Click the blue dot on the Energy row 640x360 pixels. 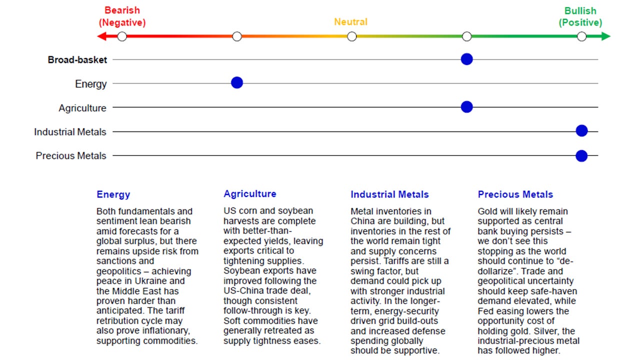[237, 83]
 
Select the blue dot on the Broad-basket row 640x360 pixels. [466, 59]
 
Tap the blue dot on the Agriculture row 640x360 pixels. [466, 106]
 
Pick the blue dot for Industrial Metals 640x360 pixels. [581, 131]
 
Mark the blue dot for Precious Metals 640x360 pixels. [581, 155]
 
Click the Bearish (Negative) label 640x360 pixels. [122, 16]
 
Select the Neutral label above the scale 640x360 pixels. [350, 22]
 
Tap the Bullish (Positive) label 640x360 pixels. [580, 16]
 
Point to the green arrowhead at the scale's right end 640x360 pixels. [606, 36]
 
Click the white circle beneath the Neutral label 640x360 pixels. [352, 36]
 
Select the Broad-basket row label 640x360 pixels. [77, 60]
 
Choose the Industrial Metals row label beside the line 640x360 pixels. [70, 132]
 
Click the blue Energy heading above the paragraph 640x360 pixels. [113, 194]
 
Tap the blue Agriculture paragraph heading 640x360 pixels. [249, 194]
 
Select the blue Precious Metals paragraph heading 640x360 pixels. [515, 194]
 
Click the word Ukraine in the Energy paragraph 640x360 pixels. [170, 281]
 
